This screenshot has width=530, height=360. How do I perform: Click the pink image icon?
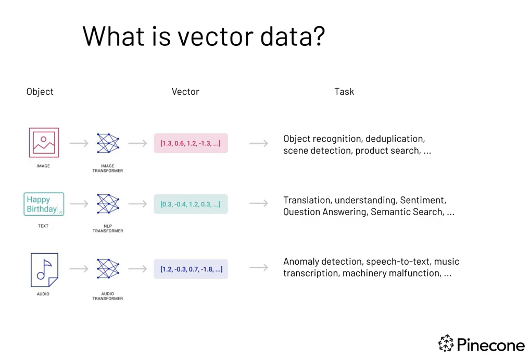click(x=44, y=142)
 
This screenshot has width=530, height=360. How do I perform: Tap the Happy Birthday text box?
click(x=44, y=204)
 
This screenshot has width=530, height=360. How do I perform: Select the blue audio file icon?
click(x=44, y=269)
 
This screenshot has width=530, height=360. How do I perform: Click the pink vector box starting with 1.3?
click(x=191, y=143)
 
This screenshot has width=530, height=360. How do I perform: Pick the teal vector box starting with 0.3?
click(x=191, y=204)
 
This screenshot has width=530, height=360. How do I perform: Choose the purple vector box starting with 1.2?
click(x=191, y=269)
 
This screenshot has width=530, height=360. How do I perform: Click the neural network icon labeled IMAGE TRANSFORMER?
click(x=108, y=143)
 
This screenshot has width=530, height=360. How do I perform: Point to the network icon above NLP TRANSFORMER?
click(x=108, y=204)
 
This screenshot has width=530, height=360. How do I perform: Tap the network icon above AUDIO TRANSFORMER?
click(x=108, y=269)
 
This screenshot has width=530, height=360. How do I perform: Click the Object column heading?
click(x=40, y=92)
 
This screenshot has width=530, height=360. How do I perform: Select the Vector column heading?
click(x=185, y=92)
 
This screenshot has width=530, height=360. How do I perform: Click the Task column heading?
click(x=344, y=92)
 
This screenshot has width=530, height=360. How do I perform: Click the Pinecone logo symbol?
click(x=446, y=343)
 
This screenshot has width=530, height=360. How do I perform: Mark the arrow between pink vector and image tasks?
click(x=258, y=143)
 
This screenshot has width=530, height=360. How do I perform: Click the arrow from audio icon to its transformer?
click(x=79, y=269)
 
